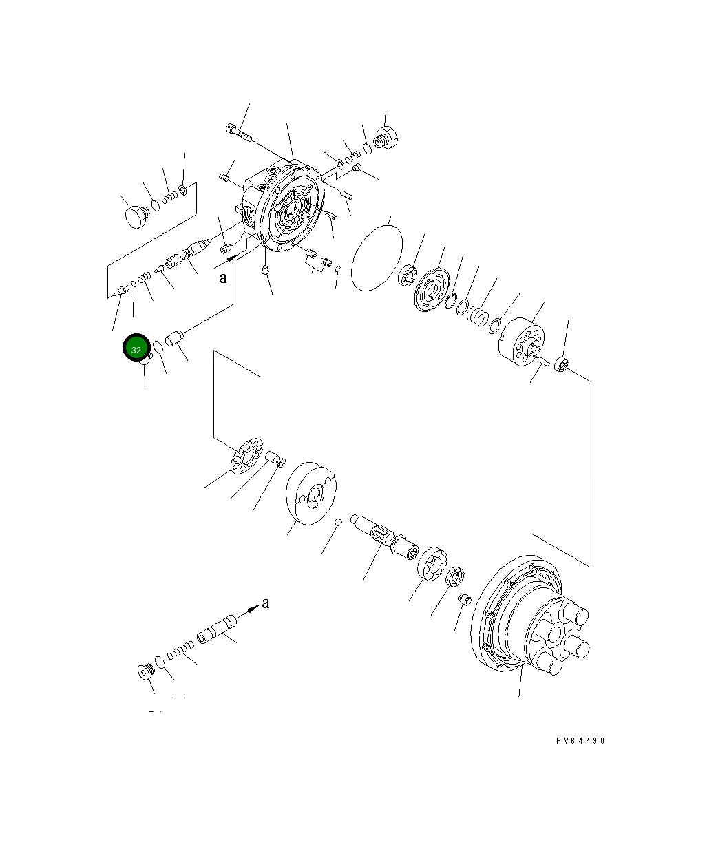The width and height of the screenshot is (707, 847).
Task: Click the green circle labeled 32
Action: [136, 349]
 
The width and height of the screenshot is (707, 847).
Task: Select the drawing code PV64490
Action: [580, 741]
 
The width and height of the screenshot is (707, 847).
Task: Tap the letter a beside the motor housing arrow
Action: [222, 278]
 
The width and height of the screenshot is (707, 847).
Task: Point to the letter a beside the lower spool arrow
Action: [266, 604]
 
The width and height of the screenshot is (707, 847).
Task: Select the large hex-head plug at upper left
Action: [136, 217]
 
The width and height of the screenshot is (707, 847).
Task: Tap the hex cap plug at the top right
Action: [388, 136]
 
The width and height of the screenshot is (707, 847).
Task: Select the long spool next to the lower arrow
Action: [216, 631]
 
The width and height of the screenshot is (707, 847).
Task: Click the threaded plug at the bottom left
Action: [145, 670]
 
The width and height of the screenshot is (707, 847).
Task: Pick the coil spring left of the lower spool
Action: [178, 651]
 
